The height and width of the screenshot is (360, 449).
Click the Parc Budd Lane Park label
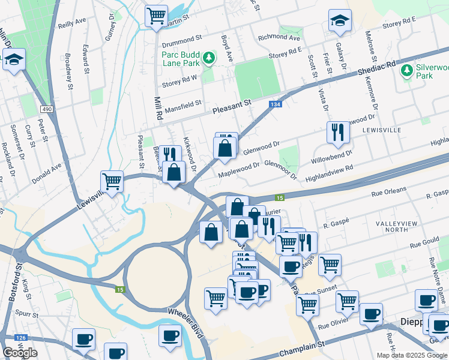(x=179, y=57)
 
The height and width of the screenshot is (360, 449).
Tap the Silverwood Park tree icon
(x=406, y=71)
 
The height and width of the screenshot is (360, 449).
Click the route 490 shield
(x=46, y=109)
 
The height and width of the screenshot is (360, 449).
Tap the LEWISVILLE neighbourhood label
(x=381, y=129)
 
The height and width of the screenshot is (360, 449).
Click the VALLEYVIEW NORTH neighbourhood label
(x=396, y=226)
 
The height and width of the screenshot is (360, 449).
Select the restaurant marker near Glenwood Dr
(x=338, y=131)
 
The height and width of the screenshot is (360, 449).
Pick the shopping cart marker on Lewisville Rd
(x=112, y=180)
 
